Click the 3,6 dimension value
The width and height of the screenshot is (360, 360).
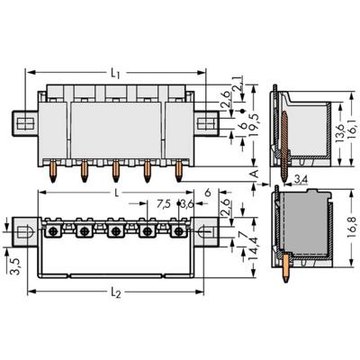[185, 202]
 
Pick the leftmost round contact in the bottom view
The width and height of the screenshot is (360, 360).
[53, 231]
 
